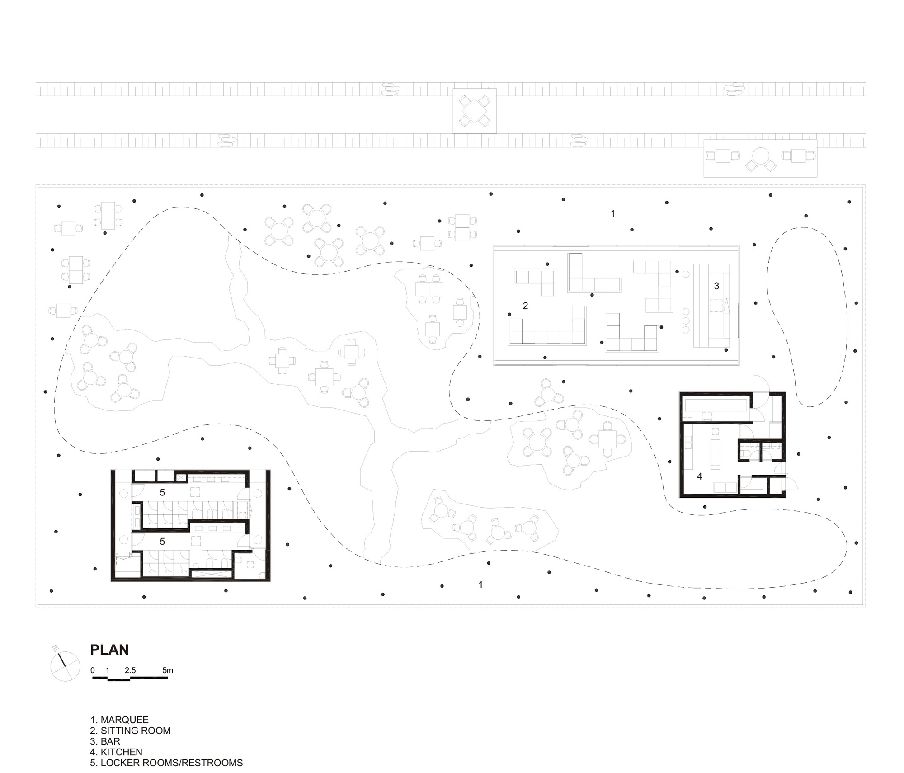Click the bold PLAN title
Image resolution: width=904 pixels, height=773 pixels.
109,650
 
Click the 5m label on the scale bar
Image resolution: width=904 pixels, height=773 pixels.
168,670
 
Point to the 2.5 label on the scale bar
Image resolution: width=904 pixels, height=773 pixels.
130,670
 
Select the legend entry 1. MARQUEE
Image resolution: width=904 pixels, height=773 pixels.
119,720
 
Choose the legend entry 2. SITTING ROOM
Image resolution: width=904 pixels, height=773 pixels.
130,731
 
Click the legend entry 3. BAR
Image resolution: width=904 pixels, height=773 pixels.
105,741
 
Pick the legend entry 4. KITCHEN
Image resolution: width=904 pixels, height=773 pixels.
116,752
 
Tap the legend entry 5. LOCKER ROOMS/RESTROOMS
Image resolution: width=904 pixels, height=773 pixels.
166,763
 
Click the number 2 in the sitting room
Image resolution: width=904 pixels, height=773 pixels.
525,306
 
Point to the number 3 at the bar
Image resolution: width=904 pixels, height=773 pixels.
716,286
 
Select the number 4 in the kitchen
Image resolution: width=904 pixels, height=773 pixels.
700,476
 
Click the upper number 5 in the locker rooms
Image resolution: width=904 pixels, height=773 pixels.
162,493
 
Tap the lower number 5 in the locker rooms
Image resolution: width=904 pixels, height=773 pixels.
162,542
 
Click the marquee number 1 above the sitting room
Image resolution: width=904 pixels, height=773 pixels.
613,213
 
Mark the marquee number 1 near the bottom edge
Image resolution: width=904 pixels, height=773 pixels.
481,585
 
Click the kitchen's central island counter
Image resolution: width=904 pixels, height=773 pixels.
715,454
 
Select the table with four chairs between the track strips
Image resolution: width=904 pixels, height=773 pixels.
475,111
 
